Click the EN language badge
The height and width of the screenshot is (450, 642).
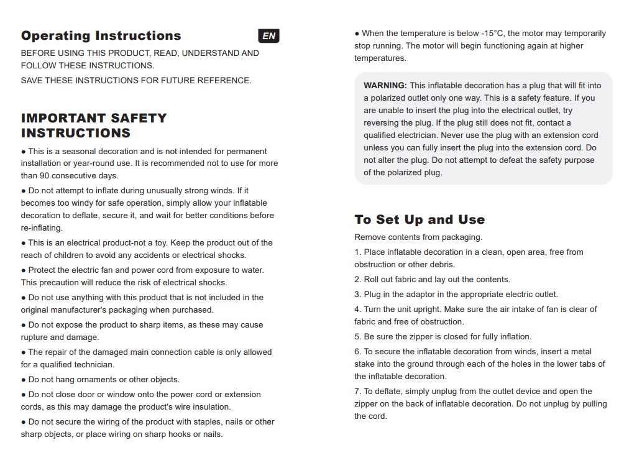tap(268, 36)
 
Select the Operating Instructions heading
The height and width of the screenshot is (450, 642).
tap(101, 36)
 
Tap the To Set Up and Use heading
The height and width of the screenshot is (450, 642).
tap(420, 219)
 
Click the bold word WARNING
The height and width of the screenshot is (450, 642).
tap(385, 85)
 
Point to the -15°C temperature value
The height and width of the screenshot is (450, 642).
tap(492, 34)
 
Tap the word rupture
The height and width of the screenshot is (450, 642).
tap(34, 337)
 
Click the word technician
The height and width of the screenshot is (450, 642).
tap(94, 365)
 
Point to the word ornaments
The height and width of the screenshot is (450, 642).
tap(96, 380)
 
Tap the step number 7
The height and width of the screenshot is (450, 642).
tap(357, 392)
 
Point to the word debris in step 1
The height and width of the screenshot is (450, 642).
tap(438, 265)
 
